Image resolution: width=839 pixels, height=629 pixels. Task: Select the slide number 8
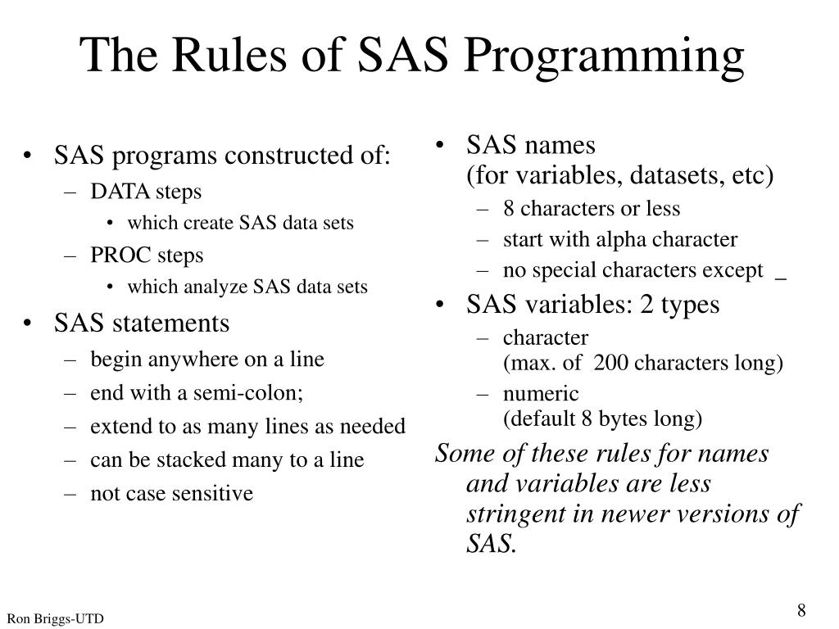(x=801, y=611)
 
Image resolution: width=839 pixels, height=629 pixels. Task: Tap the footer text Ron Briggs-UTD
(x=56, y=619)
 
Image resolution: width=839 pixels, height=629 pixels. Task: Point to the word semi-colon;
(x=248, y=393)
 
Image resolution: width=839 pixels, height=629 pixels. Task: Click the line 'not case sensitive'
(x=172, y=493)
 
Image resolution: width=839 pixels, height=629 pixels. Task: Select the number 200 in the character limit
(x=610, y=364)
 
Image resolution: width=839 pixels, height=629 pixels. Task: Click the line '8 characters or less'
(x=592, y=209)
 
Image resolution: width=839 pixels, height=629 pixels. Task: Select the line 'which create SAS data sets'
(x=240, y=224)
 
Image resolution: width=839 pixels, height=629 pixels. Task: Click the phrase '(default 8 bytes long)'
(x=603, y=419)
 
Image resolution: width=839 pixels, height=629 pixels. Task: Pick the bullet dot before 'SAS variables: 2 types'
(x=443, y=305)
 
